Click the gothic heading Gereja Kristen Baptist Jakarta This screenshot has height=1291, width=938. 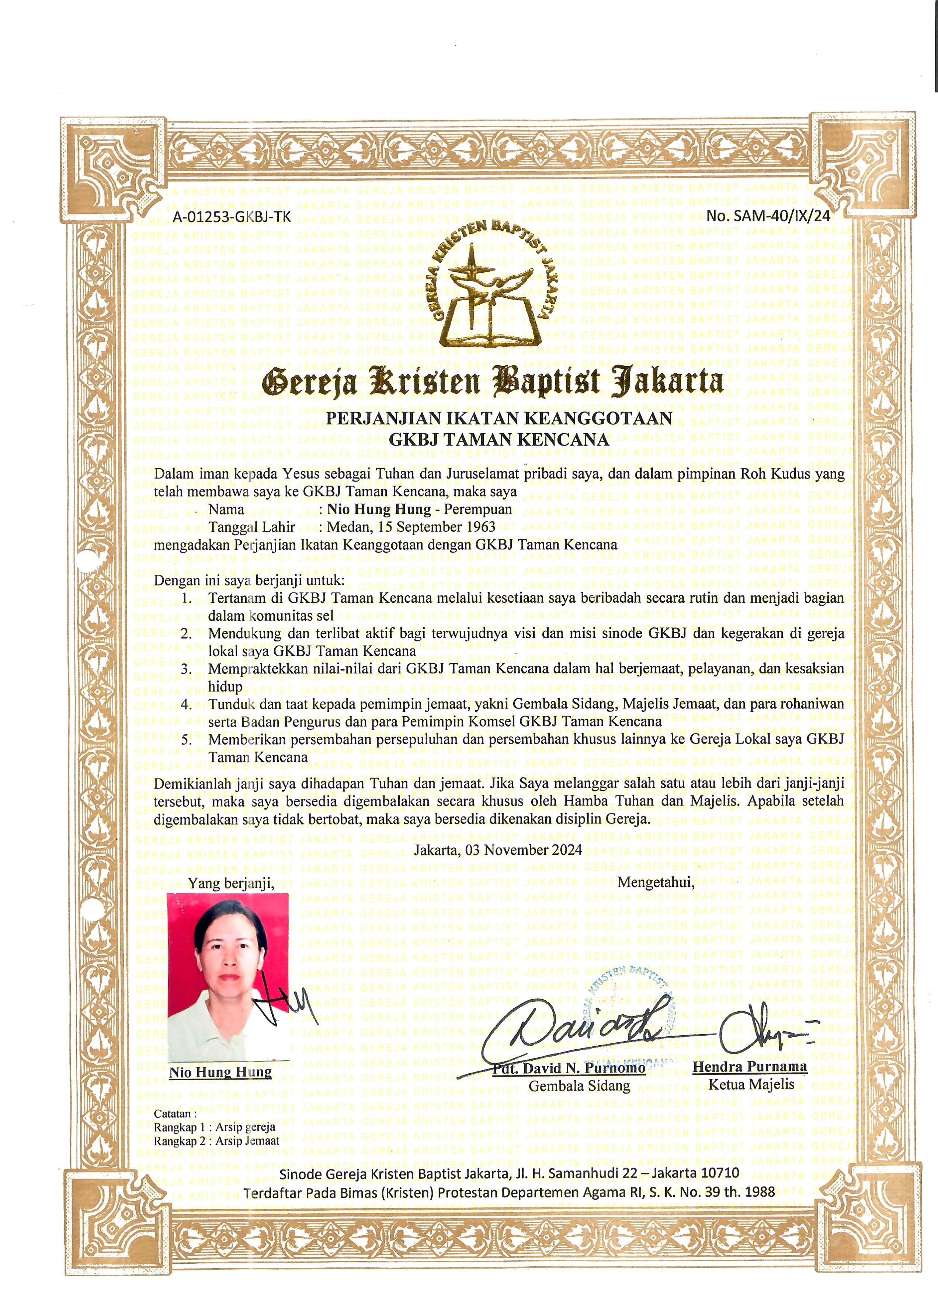[x=493, y=381]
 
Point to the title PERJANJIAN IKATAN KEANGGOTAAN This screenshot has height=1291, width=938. [x=498, y=419]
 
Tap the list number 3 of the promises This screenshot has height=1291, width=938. [x=186, y=669]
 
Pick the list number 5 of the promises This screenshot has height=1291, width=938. [x=186, y=740]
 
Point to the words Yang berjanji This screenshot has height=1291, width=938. [x=231, y=884]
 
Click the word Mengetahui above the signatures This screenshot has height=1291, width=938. [x=656, y=882]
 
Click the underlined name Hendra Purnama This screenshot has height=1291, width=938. [x=750, y=1067]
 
